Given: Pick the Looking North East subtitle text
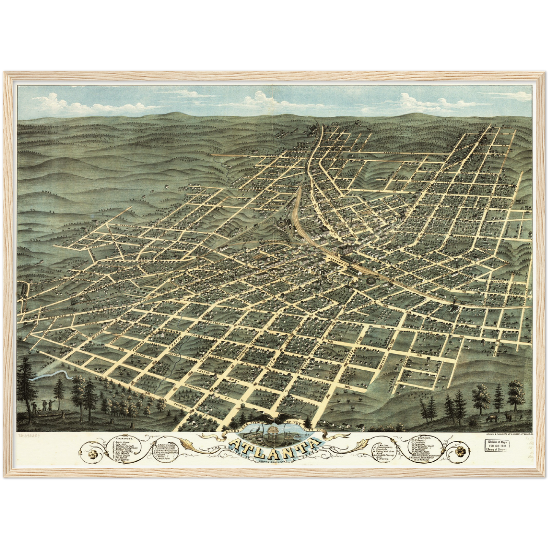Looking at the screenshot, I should (274, 460).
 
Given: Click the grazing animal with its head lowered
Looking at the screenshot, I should (492, 418).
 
